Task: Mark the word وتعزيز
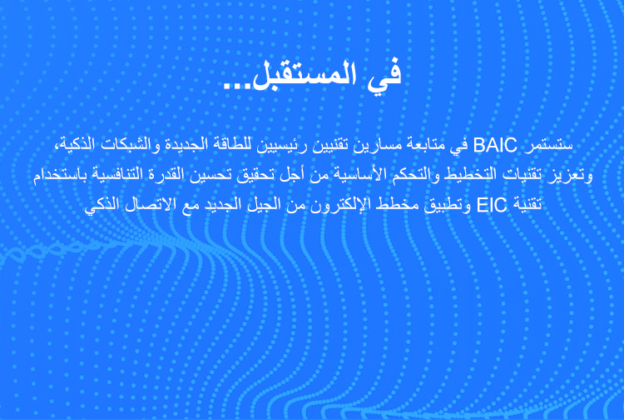pos(568,177)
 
